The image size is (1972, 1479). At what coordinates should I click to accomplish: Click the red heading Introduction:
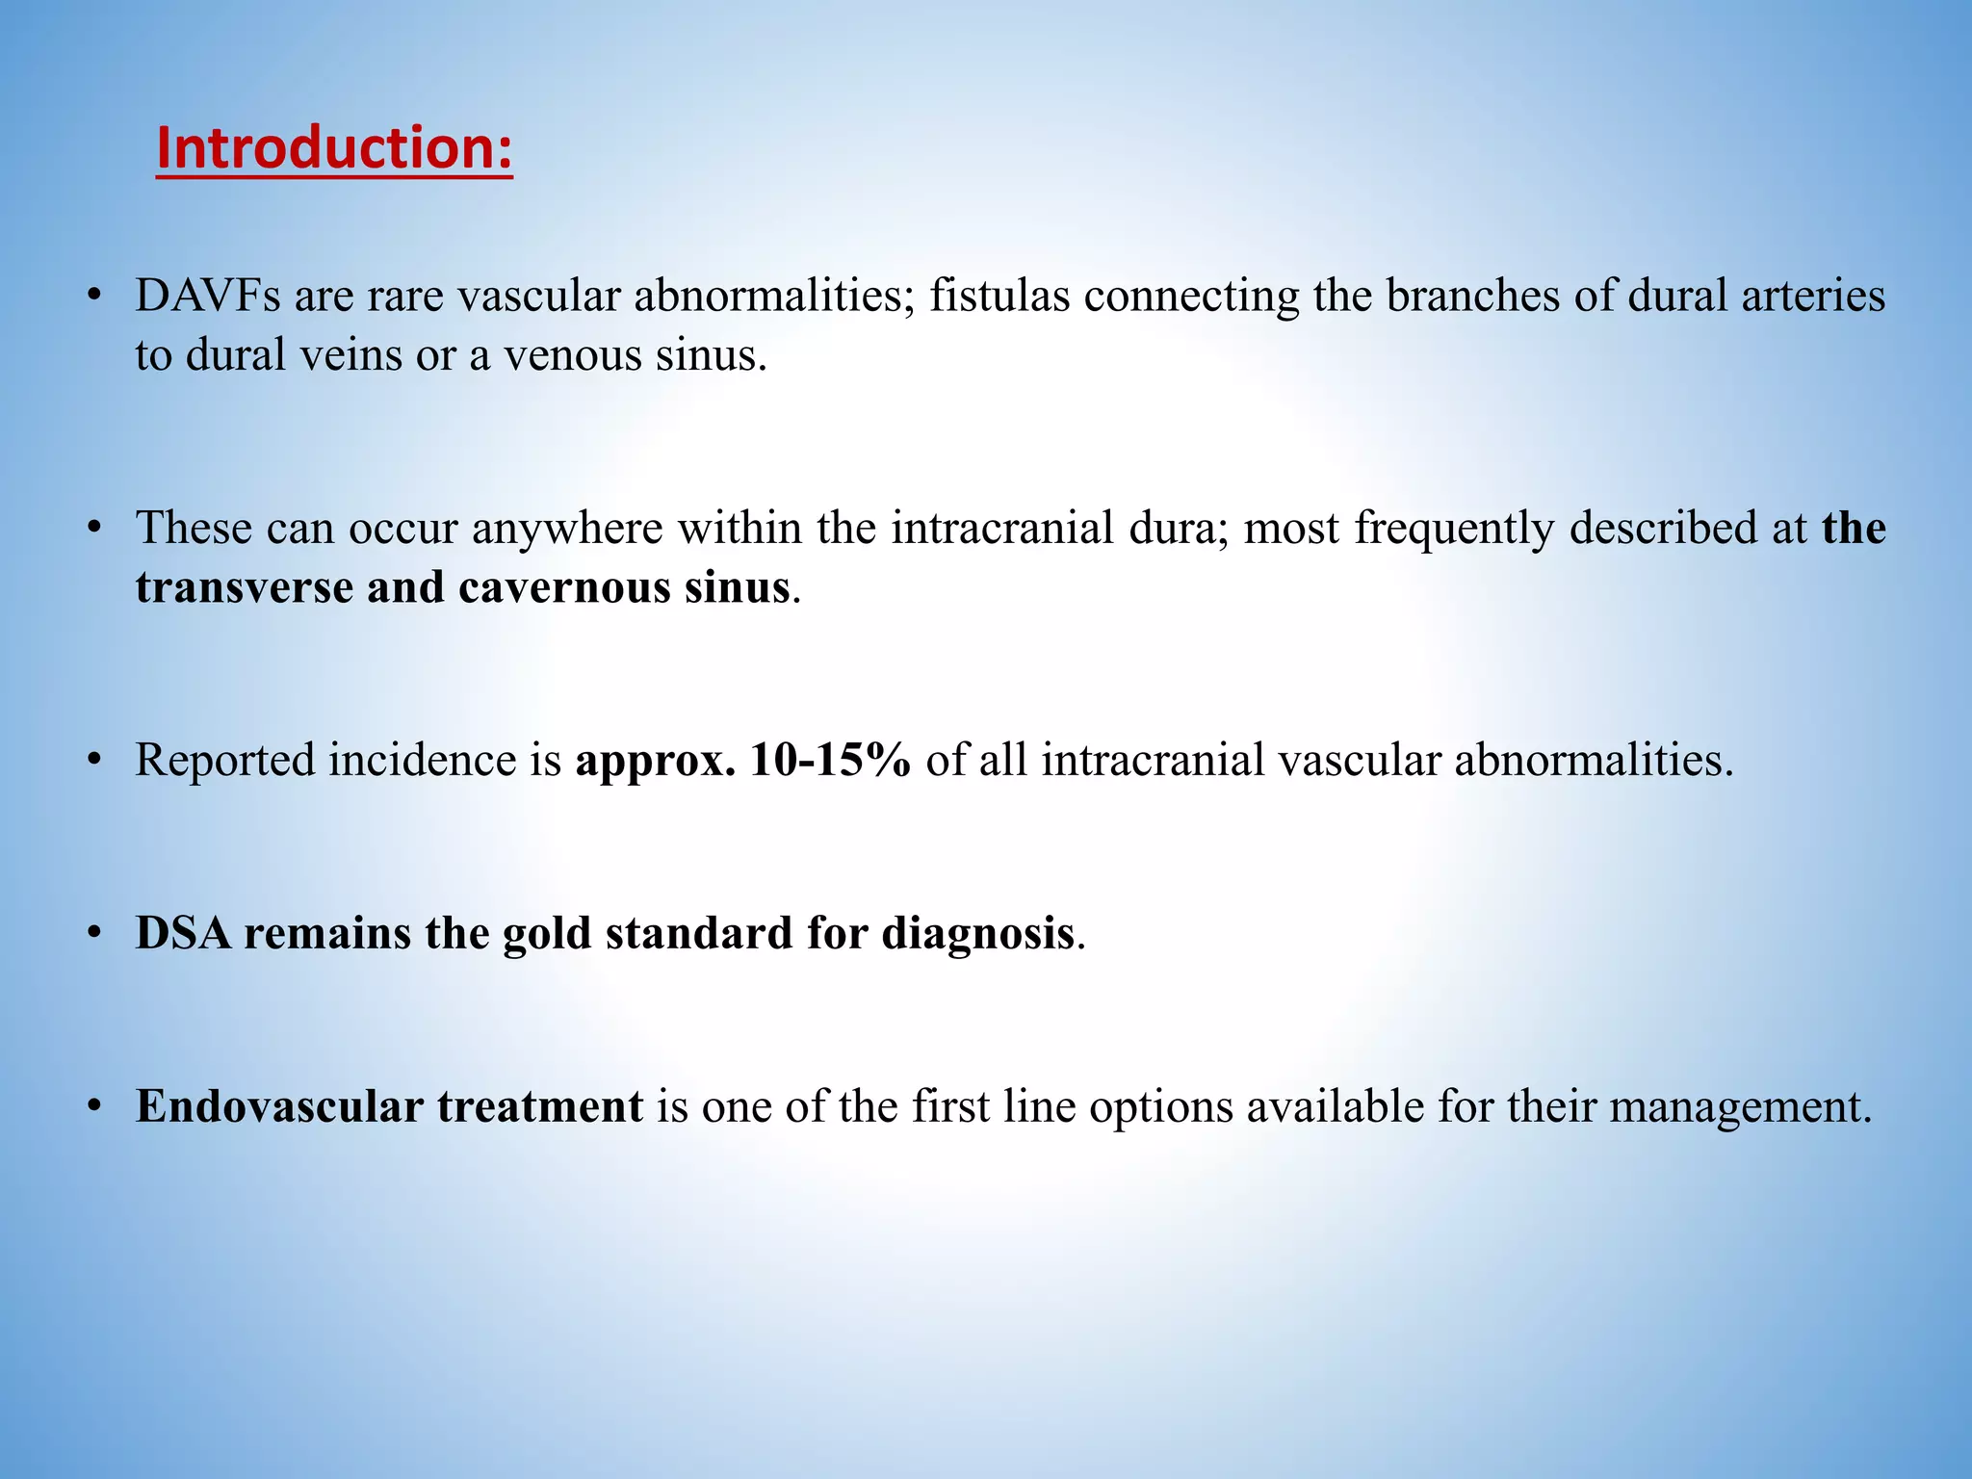[x=334, y=149]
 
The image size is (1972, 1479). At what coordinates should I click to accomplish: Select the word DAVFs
[x=207, y=296]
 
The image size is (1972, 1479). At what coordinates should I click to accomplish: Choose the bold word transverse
[x=244, y=587]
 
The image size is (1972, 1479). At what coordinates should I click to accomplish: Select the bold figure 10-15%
[x=830, y=760]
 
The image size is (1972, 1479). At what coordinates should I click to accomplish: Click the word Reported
[x=224, y=760]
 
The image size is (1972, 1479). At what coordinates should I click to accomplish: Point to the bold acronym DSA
[x=183, y=933]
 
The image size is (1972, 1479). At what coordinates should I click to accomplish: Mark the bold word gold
[x=547, y=933]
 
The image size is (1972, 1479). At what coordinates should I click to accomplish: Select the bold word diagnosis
[x=977, y=933]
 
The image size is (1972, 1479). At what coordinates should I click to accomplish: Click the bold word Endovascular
[x=279, y=1106]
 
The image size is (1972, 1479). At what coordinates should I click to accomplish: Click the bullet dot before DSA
[x=93, y=933]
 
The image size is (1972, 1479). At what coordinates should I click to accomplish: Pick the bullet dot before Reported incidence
[x=93, y=760]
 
